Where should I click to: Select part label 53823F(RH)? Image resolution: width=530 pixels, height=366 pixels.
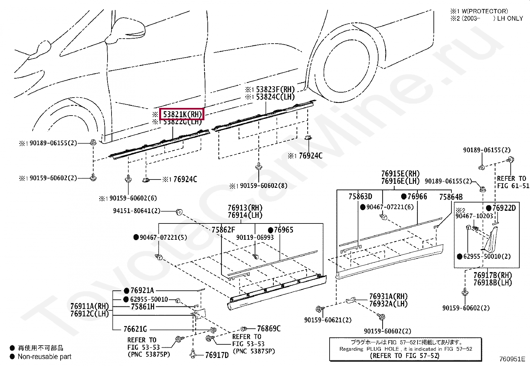point(275,89)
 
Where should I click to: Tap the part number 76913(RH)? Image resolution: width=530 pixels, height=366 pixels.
point(245,207)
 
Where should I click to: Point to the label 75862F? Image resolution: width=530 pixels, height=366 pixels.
point(223,230)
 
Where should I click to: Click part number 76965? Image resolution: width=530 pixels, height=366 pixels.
point(283,230)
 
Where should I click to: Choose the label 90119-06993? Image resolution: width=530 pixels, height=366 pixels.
point(255,237)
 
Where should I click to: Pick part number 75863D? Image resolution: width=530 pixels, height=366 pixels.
point(360,197)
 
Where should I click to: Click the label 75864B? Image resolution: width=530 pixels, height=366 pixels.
point(451,197)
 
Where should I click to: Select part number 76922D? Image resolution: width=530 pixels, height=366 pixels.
point(504,208)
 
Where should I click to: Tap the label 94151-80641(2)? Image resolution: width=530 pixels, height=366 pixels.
point(136,211)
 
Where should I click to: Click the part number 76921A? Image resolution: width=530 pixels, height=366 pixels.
point(142,291)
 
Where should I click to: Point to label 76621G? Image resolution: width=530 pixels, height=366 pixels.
point(135,329)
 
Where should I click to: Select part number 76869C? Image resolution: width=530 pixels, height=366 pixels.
point(269,329)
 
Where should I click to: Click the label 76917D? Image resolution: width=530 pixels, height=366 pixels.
point(217,355)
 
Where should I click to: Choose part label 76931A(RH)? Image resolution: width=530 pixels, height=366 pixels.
point(388,296)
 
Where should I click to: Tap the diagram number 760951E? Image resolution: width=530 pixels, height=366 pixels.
point(512,359)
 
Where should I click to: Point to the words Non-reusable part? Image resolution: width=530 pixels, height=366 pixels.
point(45,357)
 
